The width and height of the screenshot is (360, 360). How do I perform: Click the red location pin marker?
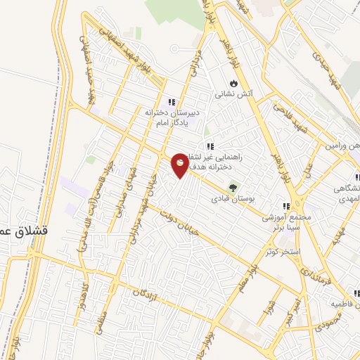click(x=180, y=165)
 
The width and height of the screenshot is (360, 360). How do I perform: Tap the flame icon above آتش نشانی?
click(x=233, y=82)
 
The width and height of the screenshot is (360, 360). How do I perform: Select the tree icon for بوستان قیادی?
click(x=232, y=188)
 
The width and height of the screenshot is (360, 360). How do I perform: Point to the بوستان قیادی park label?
click(x=232, y=199)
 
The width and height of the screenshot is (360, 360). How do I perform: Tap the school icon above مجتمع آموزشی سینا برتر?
click(x=285, y=207)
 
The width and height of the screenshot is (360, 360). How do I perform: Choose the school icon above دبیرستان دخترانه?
click(x=171, y=102)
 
